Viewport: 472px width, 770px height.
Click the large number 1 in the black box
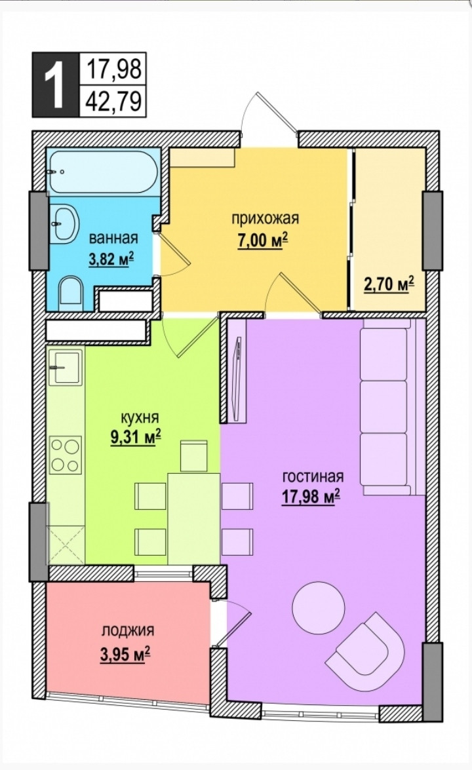tap(55, 85)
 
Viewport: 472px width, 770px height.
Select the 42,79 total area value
tap(113, 102)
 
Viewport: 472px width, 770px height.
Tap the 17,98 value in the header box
tap(113, 69)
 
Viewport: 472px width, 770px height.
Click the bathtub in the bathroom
tap(103, 172)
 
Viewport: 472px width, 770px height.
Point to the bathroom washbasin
tap(64, 223)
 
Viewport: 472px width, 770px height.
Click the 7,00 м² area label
tap(262, 242)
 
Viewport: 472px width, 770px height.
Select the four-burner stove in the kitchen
tap(66, 456)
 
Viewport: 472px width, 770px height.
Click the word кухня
tap(140, 417)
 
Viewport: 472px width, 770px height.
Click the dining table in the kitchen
tap(194, 518)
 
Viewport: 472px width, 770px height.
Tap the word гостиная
tap(313, 477)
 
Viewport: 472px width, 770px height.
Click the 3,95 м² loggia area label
tap(125, 655)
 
